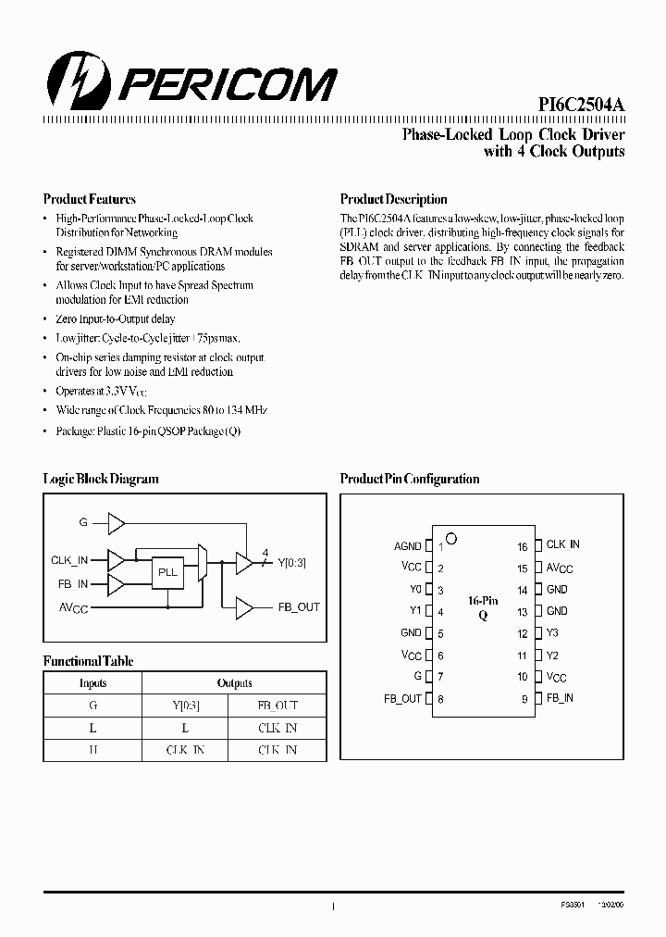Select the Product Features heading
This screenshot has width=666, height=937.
(90, 199)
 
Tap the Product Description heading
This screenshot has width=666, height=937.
(393, 199)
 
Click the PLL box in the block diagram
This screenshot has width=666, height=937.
(167, 573)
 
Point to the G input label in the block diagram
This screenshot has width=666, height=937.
(82, 523)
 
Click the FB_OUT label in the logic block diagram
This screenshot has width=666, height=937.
(299, 607)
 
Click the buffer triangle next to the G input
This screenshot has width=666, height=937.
(116, 524)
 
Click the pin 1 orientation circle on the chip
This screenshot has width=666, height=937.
(451, 538)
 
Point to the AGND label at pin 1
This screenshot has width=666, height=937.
(407, 546)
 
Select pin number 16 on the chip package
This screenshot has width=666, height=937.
(523, 547)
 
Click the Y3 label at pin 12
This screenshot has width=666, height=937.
(552, 633)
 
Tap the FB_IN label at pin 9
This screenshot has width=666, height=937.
(560, 698)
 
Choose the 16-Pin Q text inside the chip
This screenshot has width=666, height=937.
(482, 607)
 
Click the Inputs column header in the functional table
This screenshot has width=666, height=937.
(92, 683)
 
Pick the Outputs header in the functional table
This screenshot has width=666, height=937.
(234, 683)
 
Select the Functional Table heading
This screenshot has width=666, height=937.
(89, 662)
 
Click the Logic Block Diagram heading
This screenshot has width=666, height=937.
(101, 479)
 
